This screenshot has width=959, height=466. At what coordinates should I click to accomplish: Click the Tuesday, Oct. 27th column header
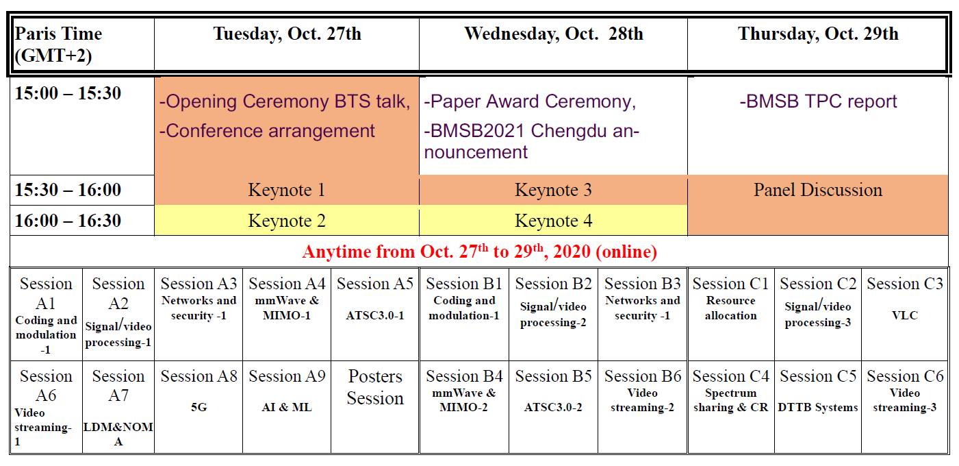(287, 34)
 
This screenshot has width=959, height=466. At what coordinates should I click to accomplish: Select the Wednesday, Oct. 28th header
(554, 34)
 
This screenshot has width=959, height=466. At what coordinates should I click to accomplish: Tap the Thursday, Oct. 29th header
(818, 34)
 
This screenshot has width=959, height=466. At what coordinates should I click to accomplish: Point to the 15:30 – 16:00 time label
(68, 190)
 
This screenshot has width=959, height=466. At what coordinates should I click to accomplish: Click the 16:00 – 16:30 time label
(68, 221)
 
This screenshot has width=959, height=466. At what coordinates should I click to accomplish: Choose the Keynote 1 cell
(287, 190)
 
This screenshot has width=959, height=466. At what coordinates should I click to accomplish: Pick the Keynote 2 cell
(287, 221)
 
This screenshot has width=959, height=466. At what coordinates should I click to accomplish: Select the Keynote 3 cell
(554, 190)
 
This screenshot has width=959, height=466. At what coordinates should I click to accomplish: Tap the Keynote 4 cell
(554, 221)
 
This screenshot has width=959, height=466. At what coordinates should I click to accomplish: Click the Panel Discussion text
(818, 190)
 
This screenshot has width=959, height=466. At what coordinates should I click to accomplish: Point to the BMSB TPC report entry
(818, 101)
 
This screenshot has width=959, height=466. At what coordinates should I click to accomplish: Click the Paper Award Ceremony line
(530, 102)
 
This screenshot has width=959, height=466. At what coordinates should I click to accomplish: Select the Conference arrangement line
(267, 131)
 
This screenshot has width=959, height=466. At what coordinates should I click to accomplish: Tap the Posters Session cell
(375, 407)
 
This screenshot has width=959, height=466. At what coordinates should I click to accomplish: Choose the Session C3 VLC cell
(905, 315)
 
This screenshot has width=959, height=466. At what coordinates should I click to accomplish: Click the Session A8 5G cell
(199, 407)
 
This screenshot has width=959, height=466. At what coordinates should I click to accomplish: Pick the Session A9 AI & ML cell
(287, 407)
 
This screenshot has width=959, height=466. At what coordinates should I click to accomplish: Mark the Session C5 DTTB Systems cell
(818, 407)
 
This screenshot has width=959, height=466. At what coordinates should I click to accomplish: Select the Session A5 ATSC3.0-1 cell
(375, 315)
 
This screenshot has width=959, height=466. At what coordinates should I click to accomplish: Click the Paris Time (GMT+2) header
(58, 45)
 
